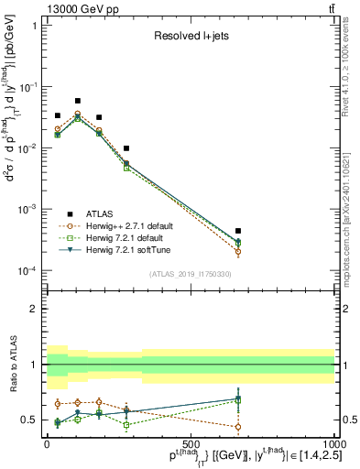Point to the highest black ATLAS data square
coord(78,101)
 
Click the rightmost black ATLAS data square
coord(238,231)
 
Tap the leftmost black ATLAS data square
coord(57,116)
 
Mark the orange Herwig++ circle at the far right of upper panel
coord(238,251)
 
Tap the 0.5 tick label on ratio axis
coord(33,420)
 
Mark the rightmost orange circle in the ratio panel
coord(238,427)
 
